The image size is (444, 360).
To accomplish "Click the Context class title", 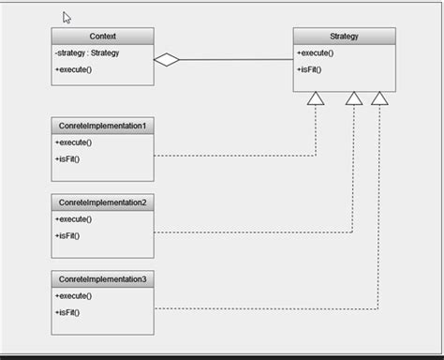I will click(103, 37).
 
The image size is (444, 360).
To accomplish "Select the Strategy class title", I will click(344, 37).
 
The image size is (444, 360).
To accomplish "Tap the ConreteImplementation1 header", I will click(103, 126).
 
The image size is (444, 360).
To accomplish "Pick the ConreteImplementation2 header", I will click(103, 202).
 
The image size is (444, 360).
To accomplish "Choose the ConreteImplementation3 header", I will click(103, 279).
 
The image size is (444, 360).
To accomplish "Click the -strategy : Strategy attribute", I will click(88, 53).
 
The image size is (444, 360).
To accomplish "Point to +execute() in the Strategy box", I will click(315, 53).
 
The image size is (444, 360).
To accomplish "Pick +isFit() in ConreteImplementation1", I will click(67, 158).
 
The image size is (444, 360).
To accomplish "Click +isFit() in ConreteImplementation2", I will click(67, 235).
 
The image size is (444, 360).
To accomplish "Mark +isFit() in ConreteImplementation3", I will click(67, 312).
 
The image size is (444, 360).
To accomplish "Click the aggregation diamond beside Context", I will click(167, 60).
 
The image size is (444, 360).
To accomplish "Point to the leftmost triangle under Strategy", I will click(316, 98).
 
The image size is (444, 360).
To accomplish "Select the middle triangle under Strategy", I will click(353, 98).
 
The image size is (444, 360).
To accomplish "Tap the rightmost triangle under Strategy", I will click(379, 98).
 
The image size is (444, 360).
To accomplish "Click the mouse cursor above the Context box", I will click(67, 18).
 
